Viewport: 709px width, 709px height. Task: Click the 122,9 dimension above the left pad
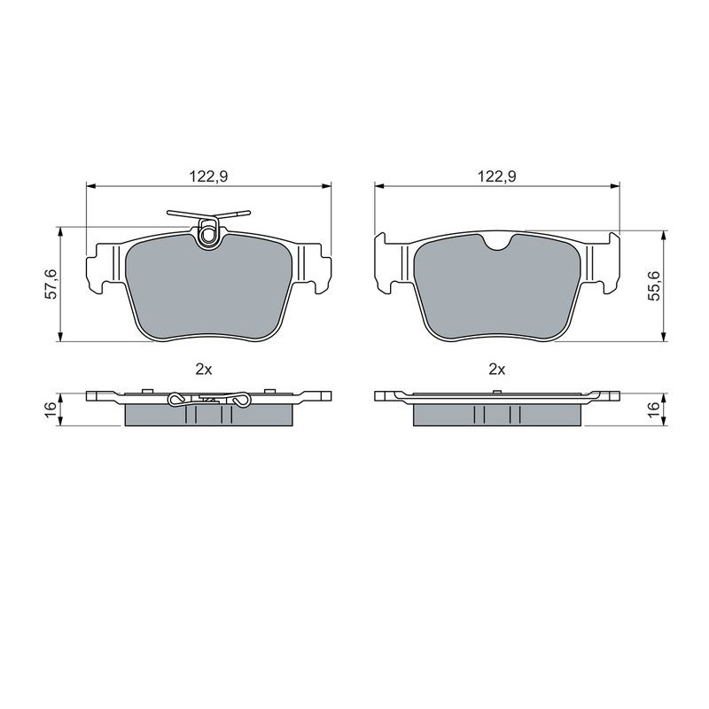point(208,176)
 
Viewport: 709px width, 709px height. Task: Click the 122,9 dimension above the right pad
point(497,176)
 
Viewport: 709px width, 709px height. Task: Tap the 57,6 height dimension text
point(51,284)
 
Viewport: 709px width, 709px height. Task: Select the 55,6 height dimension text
point(654,285)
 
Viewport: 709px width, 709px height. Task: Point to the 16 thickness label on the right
point(654,408)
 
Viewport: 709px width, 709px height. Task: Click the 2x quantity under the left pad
point(204,370)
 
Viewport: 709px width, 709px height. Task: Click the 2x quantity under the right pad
point(496,370)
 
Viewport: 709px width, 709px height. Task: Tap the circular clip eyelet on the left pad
point(208,235)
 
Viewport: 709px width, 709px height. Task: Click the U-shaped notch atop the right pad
point(497,242)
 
